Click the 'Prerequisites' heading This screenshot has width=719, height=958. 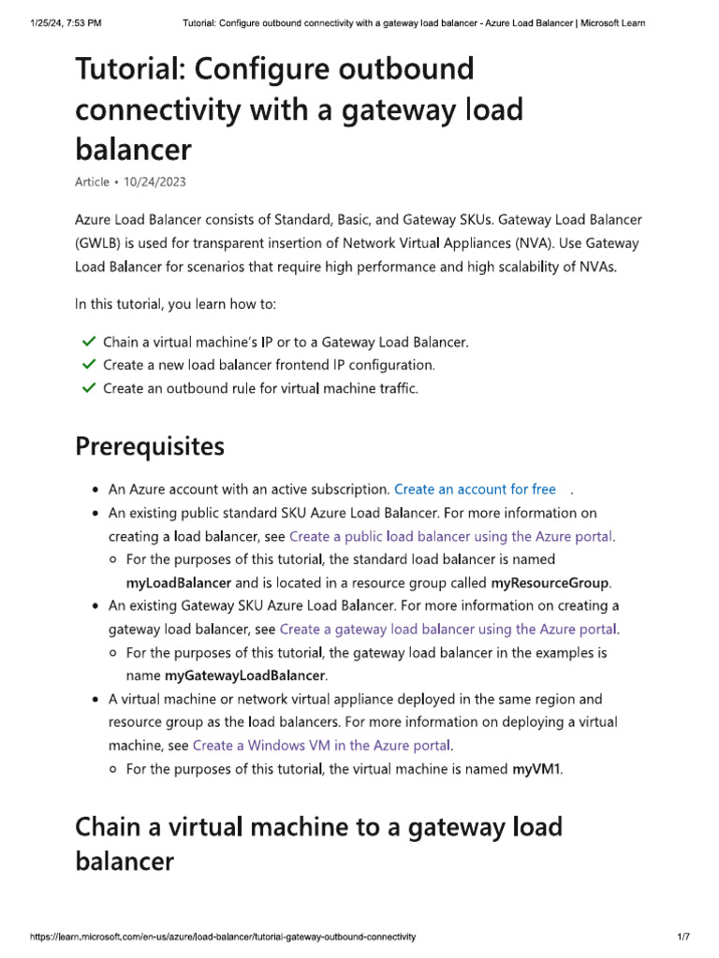point(149,447)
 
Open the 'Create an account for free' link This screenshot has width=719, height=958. point(475,489)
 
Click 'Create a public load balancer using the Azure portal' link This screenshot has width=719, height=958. point(451,536)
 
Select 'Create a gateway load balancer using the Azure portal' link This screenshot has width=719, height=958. point(448,630)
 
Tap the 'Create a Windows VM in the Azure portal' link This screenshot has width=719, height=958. point(322,746)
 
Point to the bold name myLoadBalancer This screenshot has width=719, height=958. point(178,583)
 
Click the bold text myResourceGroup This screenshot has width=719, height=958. point(550,583)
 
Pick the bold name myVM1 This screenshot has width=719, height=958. point(537,769)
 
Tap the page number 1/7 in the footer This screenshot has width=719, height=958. point(683,936)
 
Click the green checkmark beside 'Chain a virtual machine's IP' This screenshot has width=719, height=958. point(88,341)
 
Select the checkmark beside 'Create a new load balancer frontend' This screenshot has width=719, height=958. point(88,365)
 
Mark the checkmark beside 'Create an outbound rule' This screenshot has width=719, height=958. point(88,387)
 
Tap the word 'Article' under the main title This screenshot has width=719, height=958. point(92,181)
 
